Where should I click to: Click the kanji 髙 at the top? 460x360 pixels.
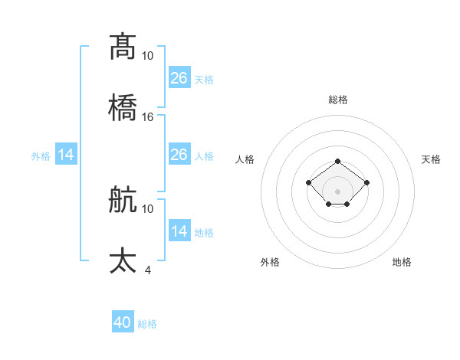(123, 46)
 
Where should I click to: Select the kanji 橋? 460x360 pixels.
(123, 107)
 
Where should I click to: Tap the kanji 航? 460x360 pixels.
(123, 199)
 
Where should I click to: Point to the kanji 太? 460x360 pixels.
(123, 260)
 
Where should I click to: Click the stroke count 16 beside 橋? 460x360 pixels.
(148, 117)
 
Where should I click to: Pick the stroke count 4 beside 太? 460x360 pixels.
(148, 270)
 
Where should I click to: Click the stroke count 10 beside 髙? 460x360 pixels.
(148, 56)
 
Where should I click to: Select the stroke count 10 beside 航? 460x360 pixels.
(148, 208)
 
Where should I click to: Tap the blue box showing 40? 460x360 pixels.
(123, 322)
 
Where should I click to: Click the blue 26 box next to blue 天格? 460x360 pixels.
(179, 77)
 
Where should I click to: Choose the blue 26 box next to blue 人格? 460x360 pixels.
(179, 155)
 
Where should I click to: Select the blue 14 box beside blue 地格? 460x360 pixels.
(179, 231)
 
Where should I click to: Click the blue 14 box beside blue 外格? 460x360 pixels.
(66, 155)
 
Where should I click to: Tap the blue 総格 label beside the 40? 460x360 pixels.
(147, 324)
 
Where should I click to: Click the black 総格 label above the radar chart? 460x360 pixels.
(338, 100)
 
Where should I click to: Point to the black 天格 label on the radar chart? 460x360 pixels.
(431, 159)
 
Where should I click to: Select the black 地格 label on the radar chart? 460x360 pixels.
(402, 262)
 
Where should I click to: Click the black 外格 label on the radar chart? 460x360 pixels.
(270, 262)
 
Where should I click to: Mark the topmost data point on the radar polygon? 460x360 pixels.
(338, 161)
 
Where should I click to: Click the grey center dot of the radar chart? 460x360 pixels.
(338, 191)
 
